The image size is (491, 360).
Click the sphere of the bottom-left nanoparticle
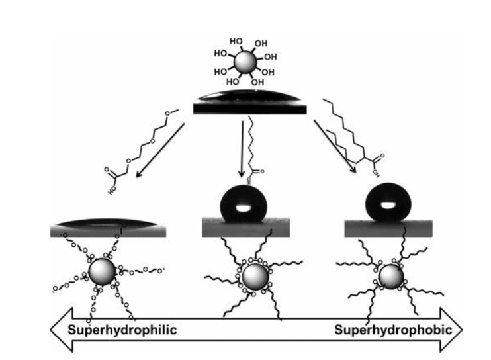pyautogui.click(x=101, y=271)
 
